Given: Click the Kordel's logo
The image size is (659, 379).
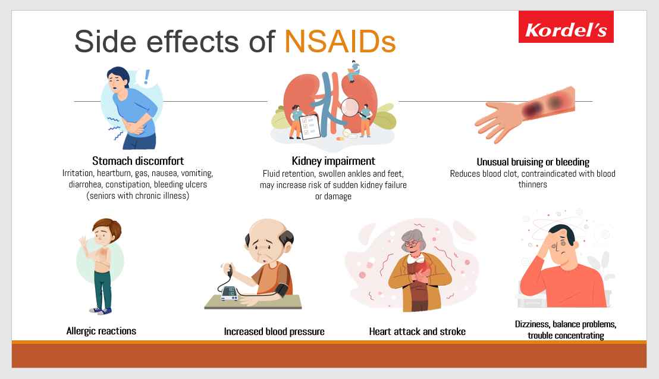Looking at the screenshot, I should [566, 27].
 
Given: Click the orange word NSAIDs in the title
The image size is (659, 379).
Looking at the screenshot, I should [340, 42].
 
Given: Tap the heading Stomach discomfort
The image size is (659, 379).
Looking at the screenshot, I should [138, 161].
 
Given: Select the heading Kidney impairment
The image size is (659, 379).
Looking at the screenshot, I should [333, 161].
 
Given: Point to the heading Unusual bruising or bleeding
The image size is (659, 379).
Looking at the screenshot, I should [533, 162].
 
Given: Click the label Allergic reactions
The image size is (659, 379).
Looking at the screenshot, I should [101, 331].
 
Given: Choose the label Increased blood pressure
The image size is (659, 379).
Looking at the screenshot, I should [274, 331].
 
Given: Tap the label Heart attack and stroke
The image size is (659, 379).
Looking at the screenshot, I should [417, 331].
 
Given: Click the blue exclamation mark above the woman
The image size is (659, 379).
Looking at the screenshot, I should [146, 77].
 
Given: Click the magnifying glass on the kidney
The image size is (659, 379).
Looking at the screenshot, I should [352, 108].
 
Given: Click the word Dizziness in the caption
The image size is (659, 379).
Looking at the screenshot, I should [532, 324].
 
